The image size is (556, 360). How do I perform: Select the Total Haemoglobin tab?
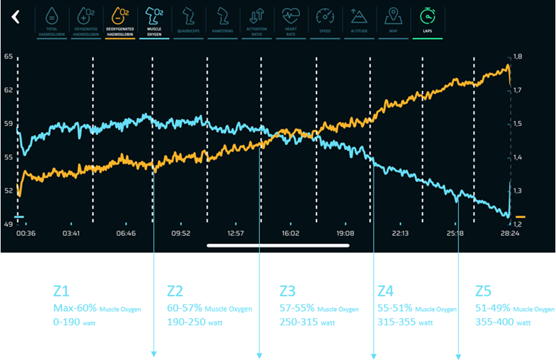tap(52, 20)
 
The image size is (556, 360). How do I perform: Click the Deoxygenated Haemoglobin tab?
tap(122, 20)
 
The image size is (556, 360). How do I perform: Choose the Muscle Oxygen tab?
tap(154, 20)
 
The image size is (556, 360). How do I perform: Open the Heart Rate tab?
tap(291, 20)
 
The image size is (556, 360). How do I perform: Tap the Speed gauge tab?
tap(326, 20)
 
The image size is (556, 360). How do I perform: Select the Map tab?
tap(392, 20)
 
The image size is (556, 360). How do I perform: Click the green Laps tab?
tap(428, 20)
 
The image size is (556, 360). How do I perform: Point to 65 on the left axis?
tap(8, 56)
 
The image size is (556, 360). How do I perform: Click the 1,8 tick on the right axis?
tap(517, 56)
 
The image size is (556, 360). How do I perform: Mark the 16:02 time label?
tap(291, 234)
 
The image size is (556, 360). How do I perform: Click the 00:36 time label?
tap(27, 234)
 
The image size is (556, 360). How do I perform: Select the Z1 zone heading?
tap(61, 291)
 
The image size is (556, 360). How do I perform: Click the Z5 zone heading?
tap(482, 291)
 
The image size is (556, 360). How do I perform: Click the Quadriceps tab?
tap(187, 20)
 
